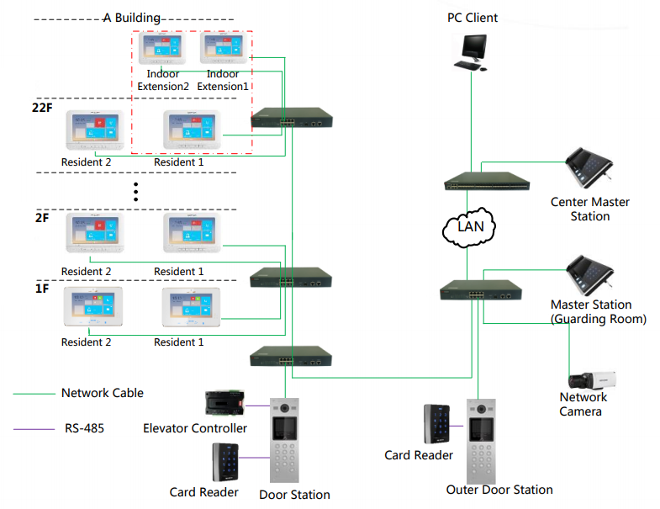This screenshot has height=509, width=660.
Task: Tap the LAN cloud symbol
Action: coord(469,227)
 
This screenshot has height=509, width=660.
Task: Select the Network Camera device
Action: coord(592,380)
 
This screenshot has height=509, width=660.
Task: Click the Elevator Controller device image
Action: coord(224,403)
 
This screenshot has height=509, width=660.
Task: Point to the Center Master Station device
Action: coord(589,167)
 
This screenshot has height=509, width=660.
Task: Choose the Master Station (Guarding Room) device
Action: coord(589,275)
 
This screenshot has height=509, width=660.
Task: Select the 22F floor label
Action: coord(42,108)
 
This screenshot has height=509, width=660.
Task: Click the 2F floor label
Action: coord(42,218)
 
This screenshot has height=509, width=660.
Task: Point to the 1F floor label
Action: coord(42,289)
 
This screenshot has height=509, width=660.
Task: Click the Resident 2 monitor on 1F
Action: coord(93,306)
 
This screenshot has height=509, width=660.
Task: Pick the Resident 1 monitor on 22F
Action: coord(192,130)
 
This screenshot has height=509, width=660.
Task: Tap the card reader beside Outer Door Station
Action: coord(436,424)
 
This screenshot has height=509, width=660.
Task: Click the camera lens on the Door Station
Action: coord(284,408)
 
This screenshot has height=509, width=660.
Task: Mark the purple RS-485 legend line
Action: coord(34,429)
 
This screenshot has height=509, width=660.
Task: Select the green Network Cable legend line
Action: coord(34,394)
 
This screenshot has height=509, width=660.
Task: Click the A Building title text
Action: coord(132,19)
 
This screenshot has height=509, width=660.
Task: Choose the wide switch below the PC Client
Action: coord(487,181)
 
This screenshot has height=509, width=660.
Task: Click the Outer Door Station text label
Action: coord(499,490)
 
